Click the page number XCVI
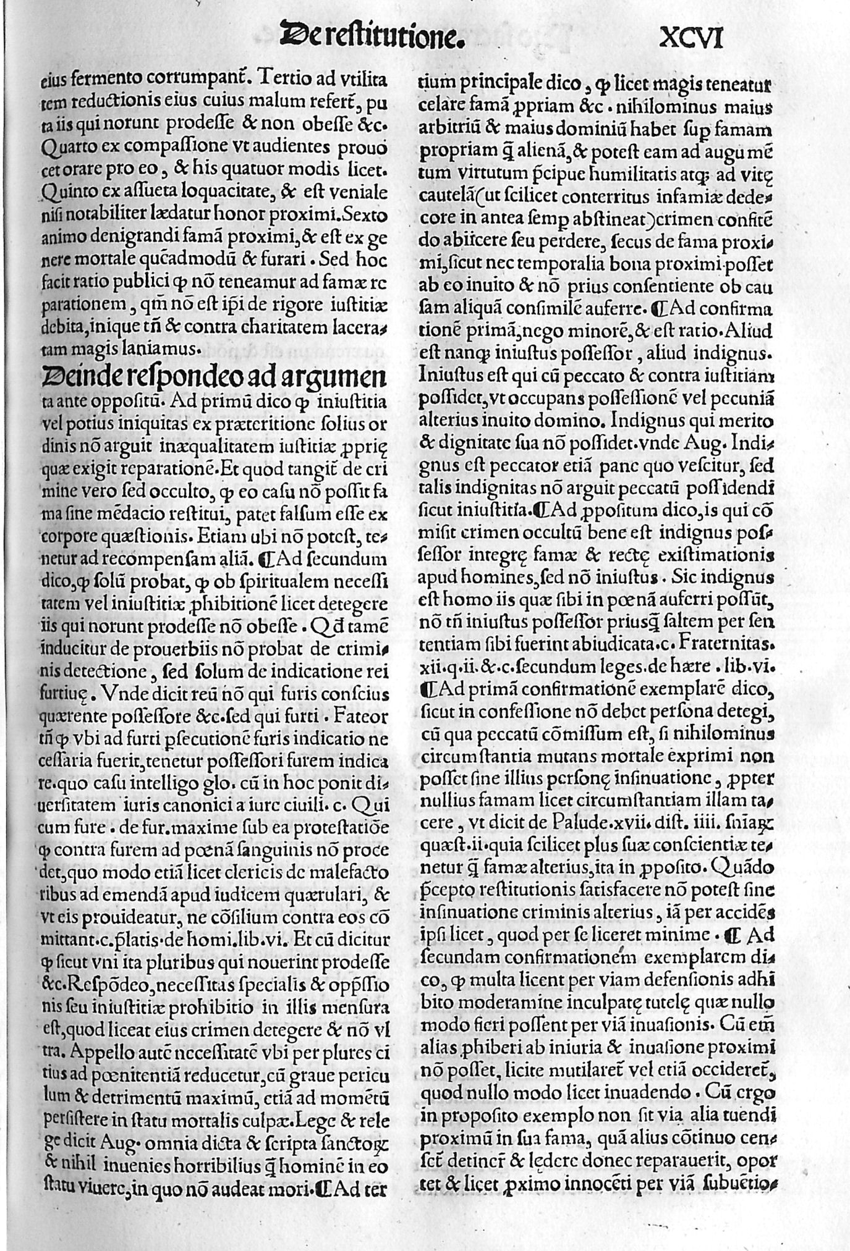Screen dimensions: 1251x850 [691, 39]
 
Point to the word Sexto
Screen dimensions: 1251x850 [365, 215]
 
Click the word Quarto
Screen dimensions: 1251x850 [67, 147]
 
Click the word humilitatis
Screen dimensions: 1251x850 [627, 174]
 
